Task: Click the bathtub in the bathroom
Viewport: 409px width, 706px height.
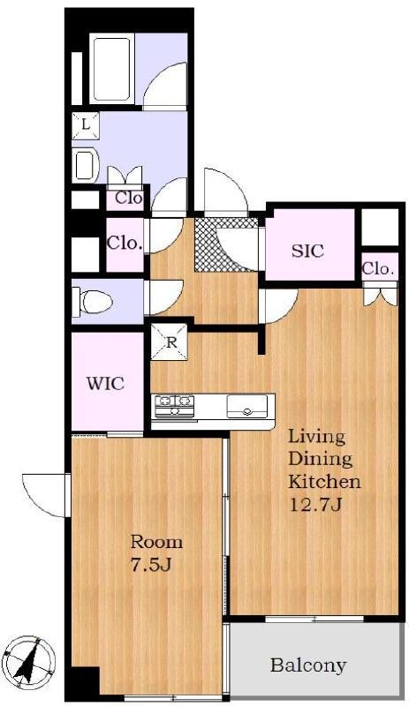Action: click(x=112, y=69)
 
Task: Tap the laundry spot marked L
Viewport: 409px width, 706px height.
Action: click(x=85, y=125)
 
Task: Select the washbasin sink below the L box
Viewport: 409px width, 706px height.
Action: click(x=86, y=165)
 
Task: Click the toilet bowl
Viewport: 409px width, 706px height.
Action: click(x=94, y=301)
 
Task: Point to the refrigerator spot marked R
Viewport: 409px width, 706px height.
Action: click(x=169, y=342)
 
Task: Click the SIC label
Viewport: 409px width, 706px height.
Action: click(x=308, y=251)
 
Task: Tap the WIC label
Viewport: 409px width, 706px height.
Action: click(x=105, y=384)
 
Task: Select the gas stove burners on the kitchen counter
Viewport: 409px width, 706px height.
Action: click(x=175, y=406)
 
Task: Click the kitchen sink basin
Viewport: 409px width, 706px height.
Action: click(x=246, y=406)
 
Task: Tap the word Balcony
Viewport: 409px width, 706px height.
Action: click(x=308, y=665)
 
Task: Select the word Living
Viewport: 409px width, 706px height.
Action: click(x=316, y=437)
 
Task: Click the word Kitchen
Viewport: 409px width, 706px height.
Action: click(x=324, y=481)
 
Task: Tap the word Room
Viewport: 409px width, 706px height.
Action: click(x=156, y=542)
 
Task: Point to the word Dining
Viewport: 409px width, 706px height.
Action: click(x=320, y=460)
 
